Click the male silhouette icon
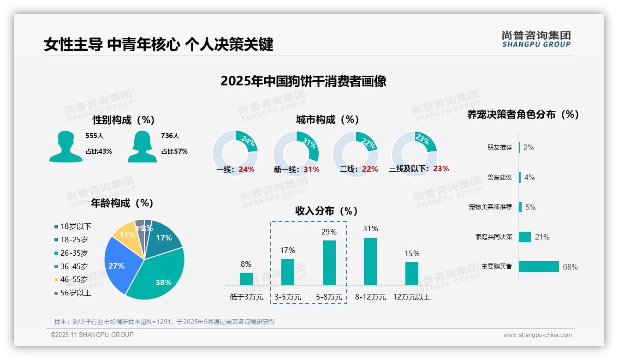click(x=65, y=146)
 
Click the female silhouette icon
click(x=142, y=146)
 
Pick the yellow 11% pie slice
click(x=125, y=235)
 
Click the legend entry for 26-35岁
click(x=74, y=253)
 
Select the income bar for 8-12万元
click(x=370, y=261)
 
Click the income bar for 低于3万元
click(x=246, y=279)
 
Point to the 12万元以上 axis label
click(x=411, y=297)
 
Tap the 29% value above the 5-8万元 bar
click(x=329, y=232)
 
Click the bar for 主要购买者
click(x=539, y=266)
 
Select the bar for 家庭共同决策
click(x=525, y=237)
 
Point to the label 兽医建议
click(x=499, y=177)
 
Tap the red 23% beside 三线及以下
click(x=441, y=169)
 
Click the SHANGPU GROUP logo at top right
click(x=536, y=39)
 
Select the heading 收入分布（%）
click(x=327, y=211)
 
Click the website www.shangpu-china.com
click(x=537, y=335)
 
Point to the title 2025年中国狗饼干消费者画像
click(x=303, y=81)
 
